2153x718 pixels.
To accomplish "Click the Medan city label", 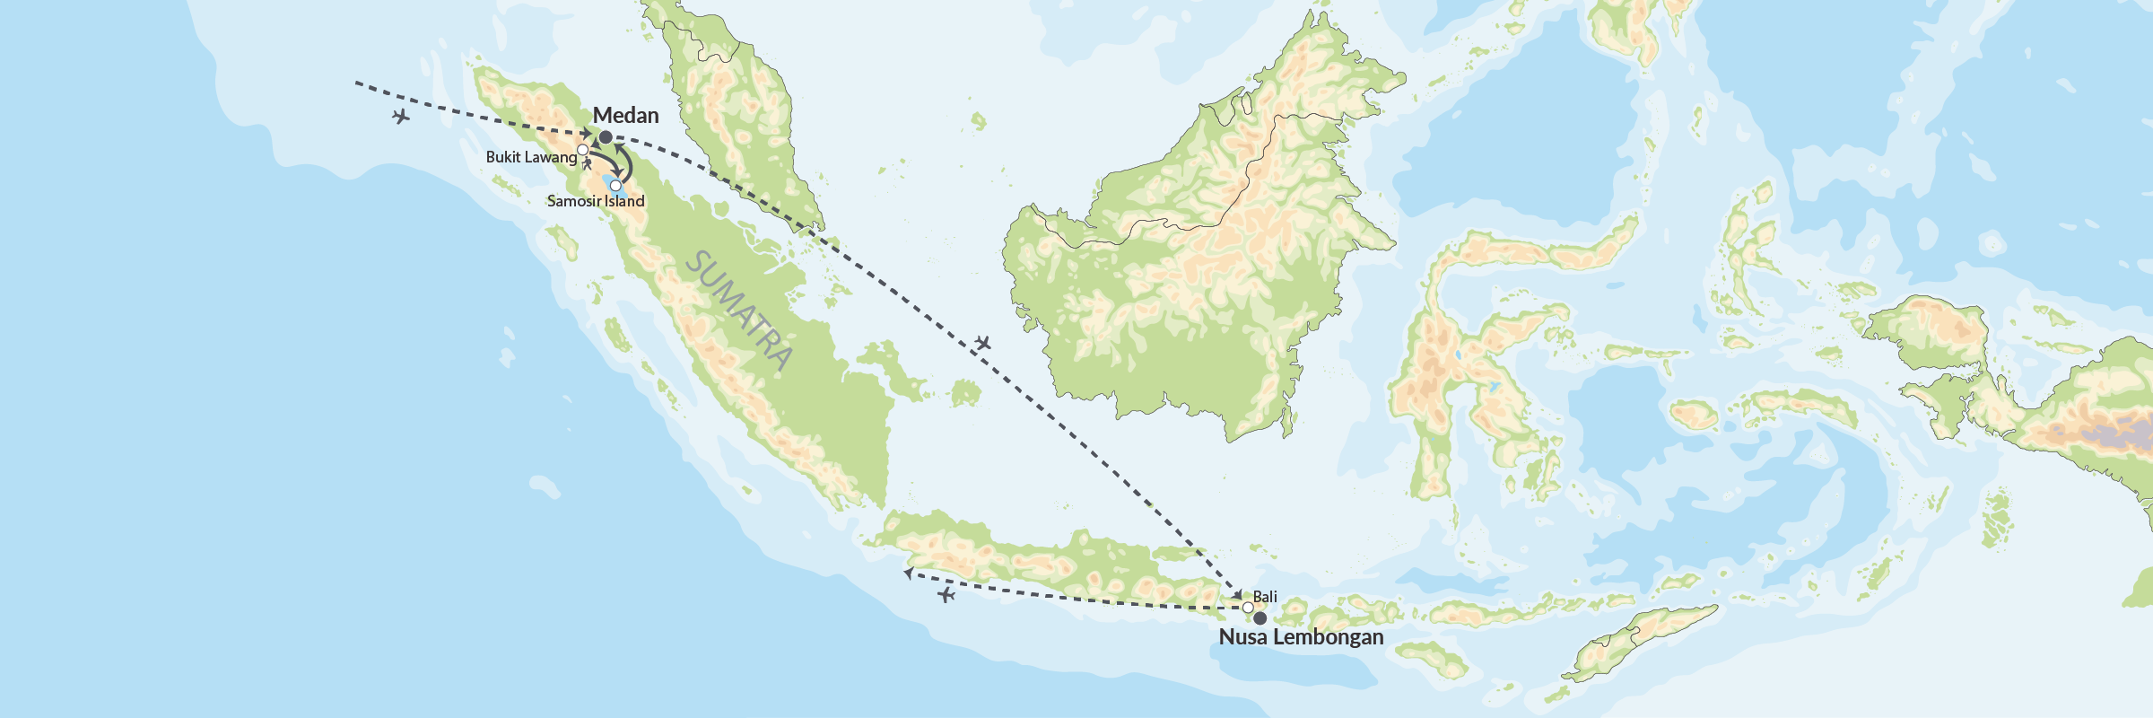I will pos(625,116).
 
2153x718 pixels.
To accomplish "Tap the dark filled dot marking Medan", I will pos(606,137).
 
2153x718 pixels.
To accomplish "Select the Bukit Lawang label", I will pos(531,157).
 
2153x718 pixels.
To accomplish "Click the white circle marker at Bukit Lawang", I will pos(582,149).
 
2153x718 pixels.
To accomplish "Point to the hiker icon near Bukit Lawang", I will pos(588,164).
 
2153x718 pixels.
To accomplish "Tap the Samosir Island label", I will pos(596,201).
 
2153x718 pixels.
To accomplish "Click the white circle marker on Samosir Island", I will pos(615,186).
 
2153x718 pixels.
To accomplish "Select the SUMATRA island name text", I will pos(739,311).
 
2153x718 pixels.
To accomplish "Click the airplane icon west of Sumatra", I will pos(401,117).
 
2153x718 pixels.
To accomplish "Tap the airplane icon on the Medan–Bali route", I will pos(982,343).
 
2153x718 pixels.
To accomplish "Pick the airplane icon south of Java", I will pos(946,595).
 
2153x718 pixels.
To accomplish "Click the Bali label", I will pos(1265,597).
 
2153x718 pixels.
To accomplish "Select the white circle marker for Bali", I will pos(1248,608).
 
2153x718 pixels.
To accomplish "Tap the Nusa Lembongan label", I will pos(1301,637).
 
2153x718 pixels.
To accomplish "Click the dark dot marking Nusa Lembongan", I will pos(1260,618).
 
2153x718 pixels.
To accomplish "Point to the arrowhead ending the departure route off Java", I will pos(908,572).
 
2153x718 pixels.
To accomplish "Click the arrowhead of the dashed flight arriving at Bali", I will pos(1238,596).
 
